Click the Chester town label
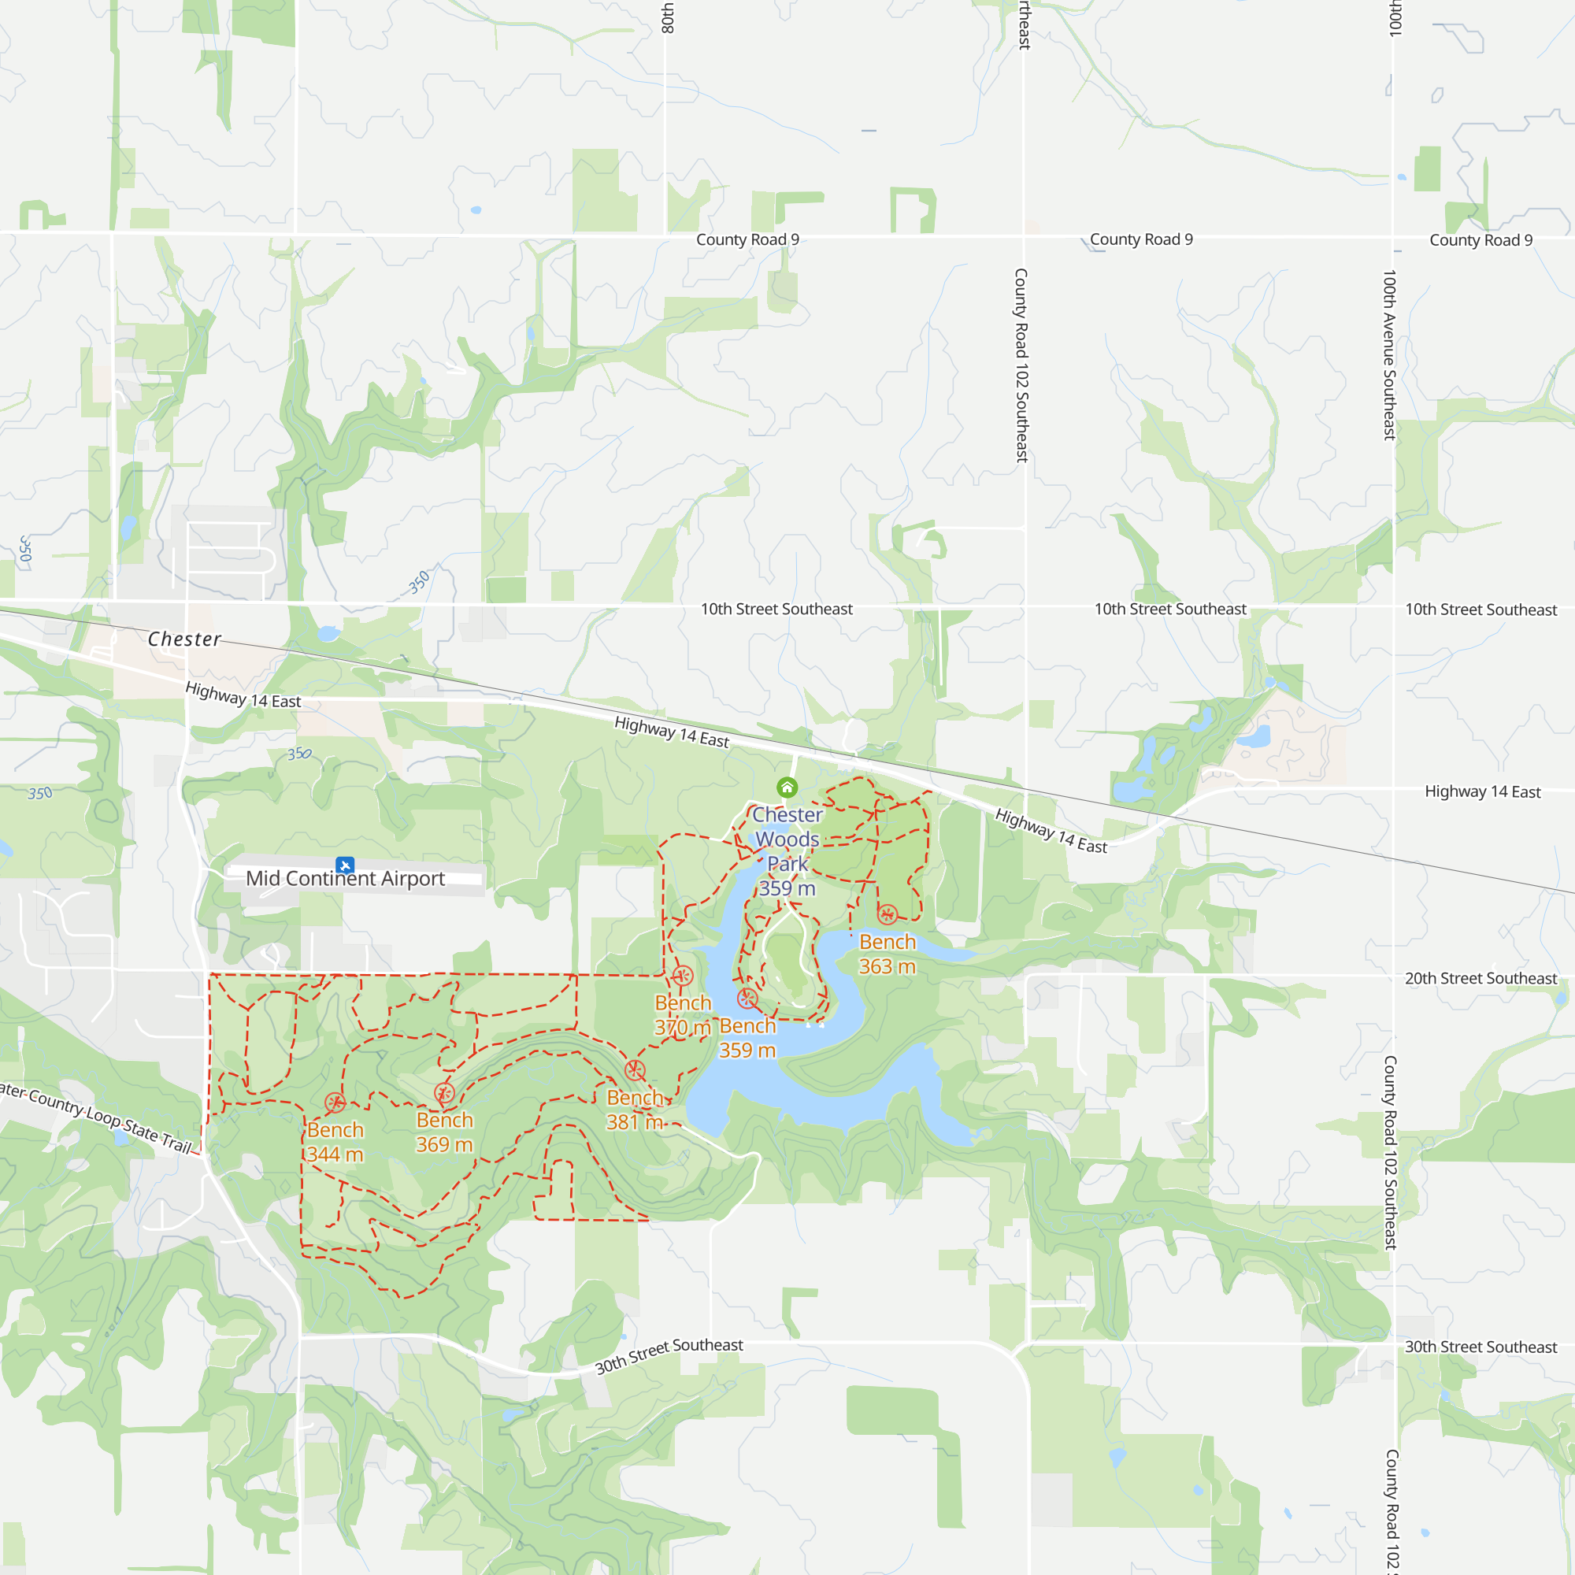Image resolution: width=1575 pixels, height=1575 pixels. click(x=184, y=639)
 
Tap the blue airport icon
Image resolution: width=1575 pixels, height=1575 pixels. click(x=345, y=865)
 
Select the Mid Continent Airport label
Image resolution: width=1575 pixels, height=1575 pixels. click(x=345, y=879)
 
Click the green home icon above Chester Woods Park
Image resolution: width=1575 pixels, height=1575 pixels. click(x=787, y=787)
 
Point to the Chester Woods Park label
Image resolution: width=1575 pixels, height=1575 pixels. click(x=787, y=851)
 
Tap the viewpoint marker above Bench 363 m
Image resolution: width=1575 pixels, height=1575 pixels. click(x=887, y=914)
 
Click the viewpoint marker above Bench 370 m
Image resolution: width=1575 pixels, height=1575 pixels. click(x=682, y=976)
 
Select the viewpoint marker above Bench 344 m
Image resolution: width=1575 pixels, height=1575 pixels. click(x=335, y=1103)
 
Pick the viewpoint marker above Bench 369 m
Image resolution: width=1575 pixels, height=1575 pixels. click(x=444, y=1093)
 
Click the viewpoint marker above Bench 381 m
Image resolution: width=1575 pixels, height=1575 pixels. click(x=635, y=1070)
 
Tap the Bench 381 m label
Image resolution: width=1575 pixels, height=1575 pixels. click(x=635, y=1110)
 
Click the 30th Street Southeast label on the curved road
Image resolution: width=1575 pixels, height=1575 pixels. click(x=669, y=1356)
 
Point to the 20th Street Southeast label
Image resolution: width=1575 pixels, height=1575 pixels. click(x=1480, y=978)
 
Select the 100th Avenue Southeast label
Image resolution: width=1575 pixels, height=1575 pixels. click(x=1390, y=354)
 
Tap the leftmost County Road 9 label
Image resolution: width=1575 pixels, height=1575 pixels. click(x=747, y=239)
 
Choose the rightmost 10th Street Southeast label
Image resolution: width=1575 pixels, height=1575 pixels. click(x=1480, y=610)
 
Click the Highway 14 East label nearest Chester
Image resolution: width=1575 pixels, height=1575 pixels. click(x=243, y=695)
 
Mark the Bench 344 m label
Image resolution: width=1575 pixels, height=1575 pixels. click(x=335, y=1142)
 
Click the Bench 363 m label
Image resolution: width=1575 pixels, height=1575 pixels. click(x=887, y=954)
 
